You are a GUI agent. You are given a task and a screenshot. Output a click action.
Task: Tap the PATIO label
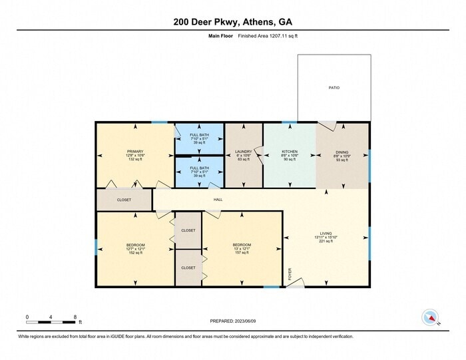coord(334,88)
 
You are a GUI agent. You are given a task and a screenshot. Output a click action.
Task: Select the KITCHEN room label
coord(290,152)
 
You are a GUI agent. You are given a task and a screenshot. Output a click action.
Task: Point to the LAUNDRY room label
coord(244,152)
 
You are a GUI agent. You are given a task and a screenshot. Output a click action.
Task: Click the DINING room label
coord(342,152)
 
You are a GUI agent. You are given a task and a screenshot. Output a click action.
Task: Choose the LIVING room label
coord(326,233)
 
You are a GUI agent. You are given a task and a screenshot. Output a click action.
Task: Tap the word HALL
coord(218,200)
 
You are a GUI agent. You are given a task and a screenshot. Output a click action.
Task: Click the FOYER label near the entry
coord(290,273)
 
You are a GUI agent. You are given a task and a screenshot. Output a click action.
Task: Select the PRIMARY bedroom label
coord(135,152)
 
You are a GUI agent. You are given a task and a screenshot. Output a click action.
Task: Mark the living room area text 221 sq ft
coord(326,241)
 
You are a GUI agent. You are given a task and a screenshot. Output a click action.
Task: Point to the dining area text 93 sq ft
coord(342,160)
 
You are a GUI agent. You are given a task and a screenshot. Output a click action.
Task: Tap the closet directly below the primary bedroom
coord(124,200)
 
